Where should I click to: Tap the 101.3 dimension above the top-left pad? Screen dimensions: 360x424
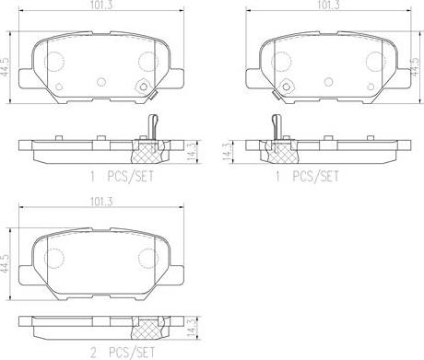point(100,6)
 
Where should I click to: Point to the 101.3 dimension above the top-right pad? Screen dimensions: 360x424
point(324,6)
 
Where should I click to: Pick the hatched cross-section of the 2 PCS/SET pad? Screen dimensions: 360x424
point(149,325)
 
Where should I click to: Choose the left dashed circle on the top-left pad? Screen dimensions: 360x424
point(55,62)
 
